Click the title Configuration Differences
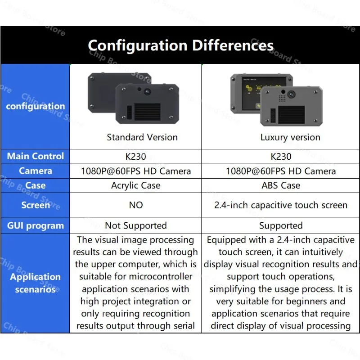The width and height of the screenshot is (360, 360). [180, 45]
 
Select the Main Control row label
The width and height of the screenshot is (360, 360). [35, 156]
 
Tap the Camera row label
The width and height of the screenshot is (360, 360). [35, 171]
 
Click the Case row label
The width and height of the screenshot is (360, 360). [35, 185]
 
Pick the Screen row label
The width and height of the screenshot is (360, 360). [35, 205]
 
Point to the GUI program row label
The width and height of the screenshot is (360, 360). [35, 225]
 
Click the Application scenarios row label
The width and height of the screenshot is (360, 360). [35, 283]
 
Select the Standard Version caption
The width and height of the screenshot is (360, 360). [142, 137]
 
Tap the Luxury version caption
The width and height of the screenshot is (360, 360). [290, 137]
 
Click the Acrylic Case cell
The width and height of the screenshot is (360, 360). [135, 185]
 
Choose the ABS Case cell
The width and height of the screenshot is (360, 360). [281, 185]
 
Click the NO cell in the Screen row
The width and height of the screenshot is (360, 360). [135, 205]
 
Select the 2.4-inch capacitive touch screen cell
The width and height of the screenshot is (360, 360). [281, 205]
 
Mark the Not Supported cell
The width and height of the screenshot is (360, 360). [135, 225]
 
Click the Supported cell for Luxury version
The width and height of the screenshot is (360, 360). [281, 225]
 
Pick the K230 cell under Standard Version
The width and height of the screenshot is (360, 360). [135, 157]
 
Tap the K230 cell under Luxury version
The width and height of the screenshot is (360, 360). [281, 157]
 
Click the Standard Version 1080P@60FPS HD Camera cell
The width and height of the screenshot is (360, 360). [135, 171]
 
